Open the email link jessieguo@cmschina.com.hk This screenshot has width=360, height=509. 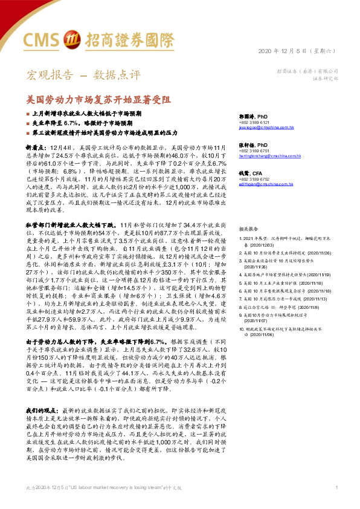pos(266,128)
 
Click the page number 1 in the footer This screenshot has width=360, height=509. pos(336,504)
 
